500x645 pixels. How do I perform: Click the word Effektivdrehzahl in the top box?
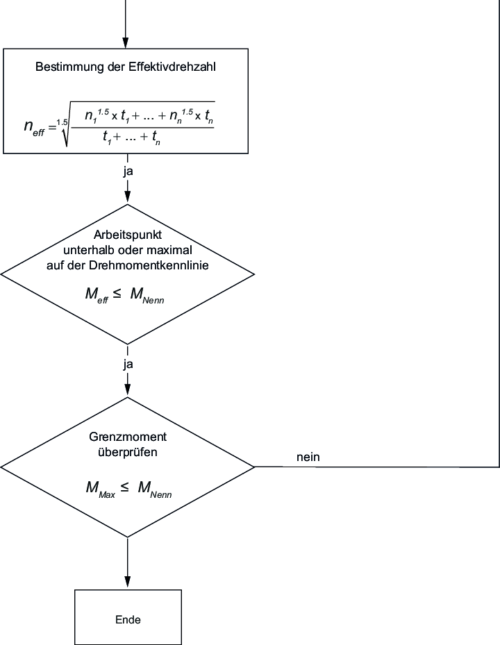point(174,68)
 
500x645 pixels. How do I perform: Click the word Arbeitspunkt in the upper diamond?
point(127,234)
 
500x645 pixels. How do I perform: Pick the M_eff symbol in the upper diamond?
point(97,294)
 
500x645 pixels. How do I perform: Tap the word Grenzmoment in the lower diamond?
point(127,438)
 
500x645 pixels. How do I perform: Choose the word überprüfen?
point(127,452)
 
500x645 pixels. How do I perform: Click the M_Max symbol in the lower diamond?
point(99,489)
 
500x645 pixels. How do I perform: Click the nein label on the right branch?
point(308,457)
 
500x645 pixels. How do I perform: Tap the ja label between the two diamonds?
point(128,363)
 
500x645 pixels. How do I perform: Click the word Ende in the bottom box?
point(127,619)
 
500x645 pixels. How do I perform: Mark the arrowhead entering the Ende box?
point(127,584)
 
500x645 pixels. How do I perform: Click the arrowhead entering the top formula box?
point(126,42)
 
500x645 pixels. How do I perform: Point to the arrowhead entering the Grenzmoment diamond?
point(127,391)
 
